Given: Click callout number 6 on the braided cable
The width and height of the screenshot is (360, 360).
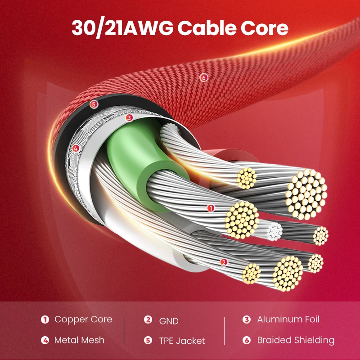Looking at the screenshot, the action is pos(204,78).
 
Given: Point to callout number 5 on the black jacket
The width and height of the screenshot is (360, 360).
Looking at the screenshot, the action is pos(94,104).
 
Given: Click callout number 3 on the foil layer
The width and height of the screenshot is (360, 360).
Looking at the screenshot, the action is pos(129,118).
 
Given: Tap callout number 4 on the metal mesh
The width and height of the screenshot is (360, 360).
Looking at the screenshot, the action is pos(76,148).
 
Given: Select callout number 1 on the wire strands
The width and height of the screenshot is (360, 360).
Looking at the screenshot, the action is pos(210,208).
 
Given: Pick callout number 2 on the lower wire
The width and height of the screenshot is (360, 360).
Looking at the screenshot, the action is pos(224,262).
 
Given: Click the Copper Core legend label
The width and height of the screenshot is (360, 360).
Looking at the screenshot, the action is pos(83,319).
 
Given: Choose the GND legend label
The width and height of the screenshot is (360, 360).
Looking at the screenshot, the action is pos(169,321).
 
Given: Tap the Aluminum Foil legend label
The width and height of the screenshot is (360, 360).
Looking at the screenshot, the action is pos(288,319).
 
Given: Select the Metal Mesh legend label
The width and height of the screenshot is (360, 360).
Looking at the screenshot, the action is pos(79,340).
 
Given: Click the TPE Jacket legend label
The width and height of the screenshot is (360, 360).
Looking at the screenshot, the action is pos(182,341).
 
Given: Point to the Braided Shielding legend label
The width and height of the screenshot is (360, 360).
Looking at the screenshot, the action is pos(296,340).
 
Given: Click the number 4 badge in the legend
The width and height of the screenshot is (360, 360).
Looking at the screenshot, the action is pos(45,340).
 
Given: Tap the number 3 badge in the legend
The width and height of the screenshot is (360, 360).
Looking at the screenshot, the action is pos(246,319).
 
